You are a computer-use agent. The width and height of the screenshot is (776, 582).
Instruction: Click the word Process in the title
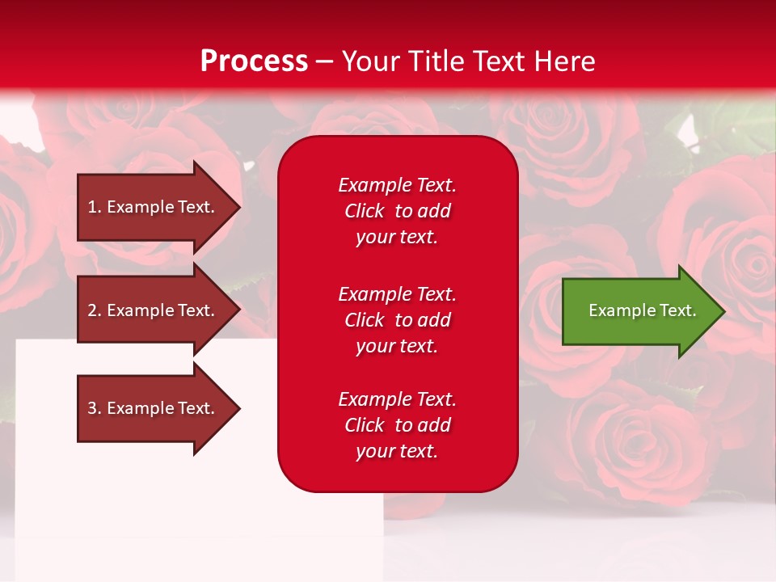(x=254, y=61)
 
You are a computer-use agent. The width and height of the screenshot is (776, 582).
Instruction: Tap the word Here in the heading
(x=563, y=61)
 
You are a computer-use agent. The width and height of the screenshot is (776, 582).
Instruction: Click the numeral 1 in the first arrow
(x=92, y=207)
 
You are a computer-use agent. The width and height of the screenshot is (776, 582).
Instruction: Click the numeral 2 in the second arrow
(x=92, y=310)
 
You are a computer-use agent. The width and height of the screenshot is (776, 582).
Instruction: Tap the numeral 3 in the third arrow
(x=92, y=408)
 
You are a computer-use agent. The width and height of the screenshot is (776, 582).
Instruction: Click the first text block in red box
(x=397, y=211)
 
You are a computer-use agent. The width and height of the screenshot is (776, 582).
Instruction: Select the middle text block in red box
(x=397, y=320)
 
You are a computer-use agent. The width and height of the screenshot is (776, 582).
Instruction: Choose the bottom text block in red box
(x=397, y=425)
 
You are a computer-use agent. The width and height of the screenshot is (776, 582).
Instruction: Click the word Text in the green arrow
(x=677, y=310)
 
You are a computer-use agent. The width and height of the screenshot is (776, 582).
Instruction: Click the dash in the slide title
(x=325, y=61)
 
